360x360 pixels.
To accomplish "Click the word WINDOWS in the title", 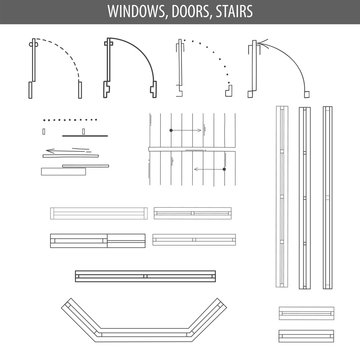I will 140,12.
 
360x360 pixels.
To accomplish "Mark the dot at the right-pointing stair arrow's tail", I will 172,130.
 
